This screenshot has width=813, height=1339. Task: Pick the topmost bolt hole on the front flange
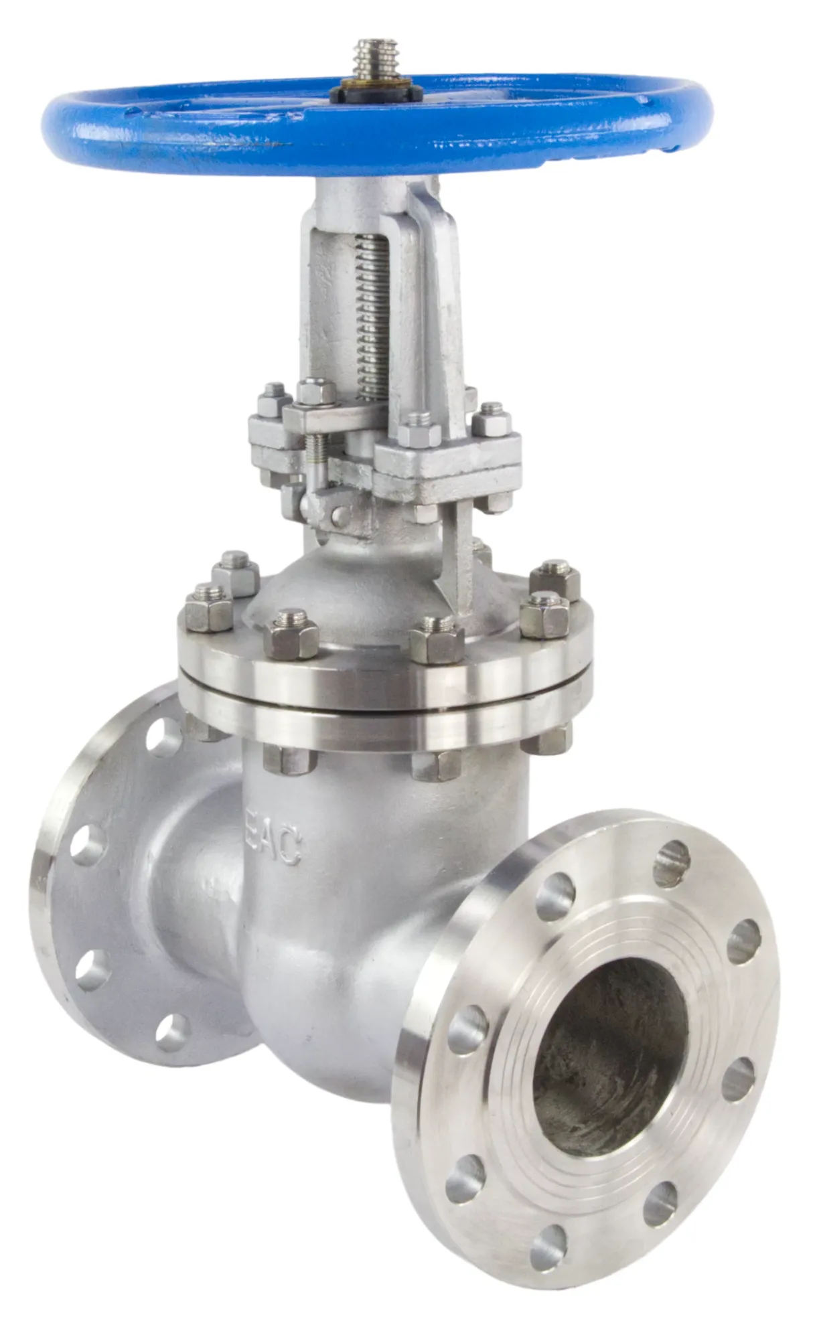tap(672, 863)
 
